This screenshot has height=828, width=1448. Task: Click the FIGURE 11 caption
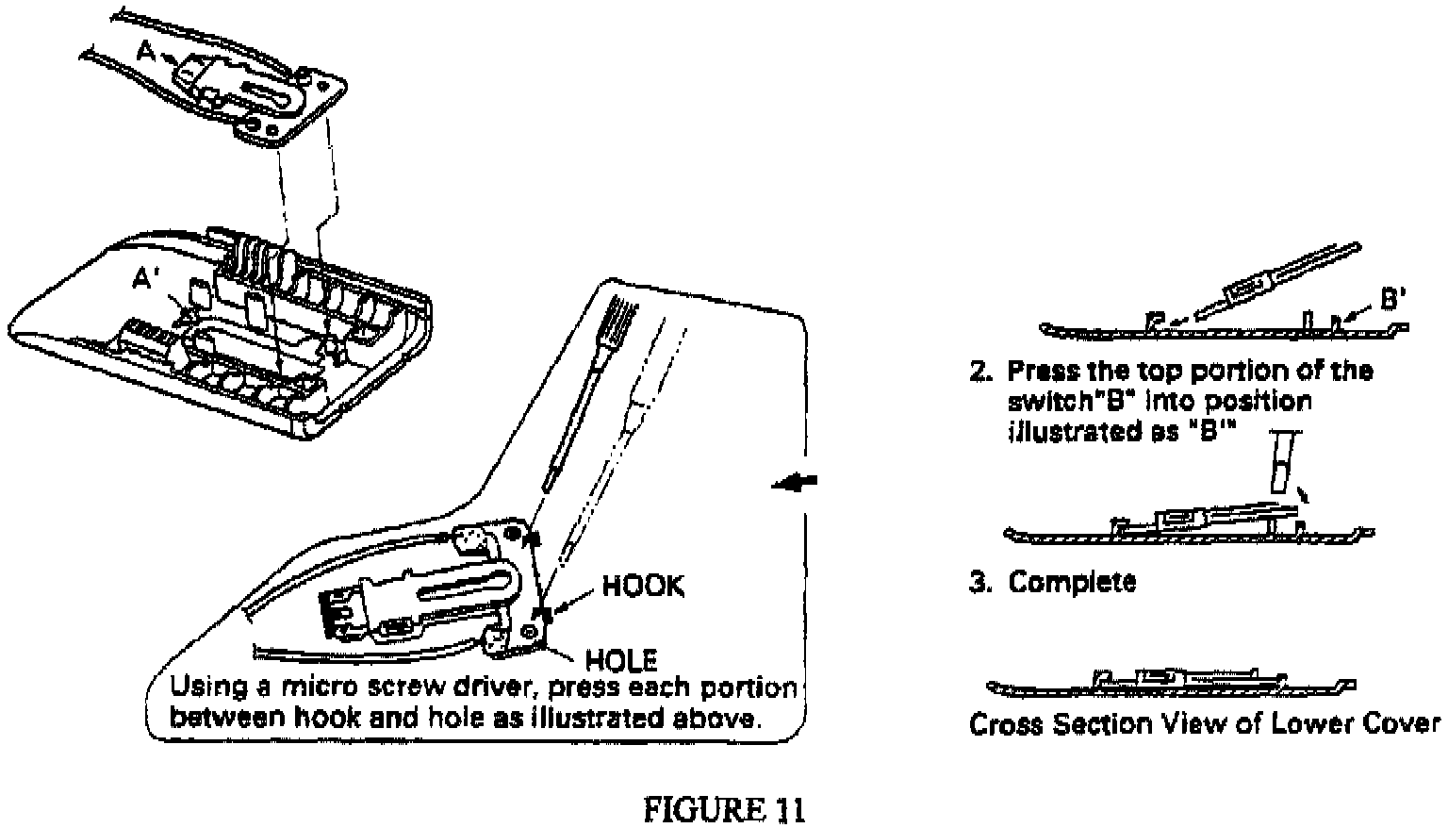724,809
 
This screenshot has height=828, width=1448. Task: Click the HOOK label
644,587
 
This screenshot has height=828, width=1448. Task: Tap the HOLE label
622,658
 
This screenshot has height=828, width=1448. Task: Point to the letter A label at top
145,53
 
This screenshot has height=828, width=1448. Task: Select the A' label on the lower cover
145,279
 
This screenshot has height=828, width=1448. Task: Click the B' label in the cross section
1393,300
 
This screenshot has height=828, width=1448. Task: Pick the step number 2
979,371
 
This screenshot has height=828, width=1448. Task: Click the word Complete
1072,582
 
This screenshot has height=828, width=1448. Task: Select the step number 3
979,582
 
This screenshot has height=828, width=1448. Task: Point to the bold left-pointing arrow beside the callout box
793,483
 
